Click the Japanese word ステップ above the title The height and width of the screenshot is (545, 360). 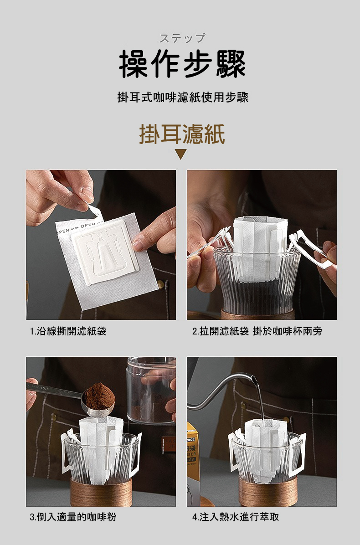[182, 38]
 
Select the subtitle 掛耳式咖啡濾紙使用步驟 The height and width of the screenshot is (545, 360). [183, 98]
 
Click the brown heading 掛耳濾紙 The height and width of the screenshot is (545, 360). [182, 134]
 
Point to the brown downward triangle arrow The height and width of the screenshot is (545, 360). [181, 154]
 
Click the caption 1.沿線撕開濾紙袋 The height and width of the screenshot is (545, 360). [68, 331]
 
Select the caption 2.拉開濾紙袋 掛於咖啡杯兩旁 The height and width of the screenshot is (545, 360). [257, 331]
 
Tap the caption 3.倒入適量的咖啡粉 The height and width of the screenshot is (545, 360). [73, 517]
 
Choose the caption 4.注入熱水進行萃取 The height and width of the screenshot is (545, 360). [236, 517]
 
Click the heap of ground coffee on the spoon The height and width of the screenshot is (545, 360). [99, 396]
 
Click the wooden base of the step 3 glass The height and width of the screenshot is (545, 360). [101, 492]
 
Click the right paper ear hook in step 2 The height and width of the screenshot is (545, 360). [309, 248]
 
